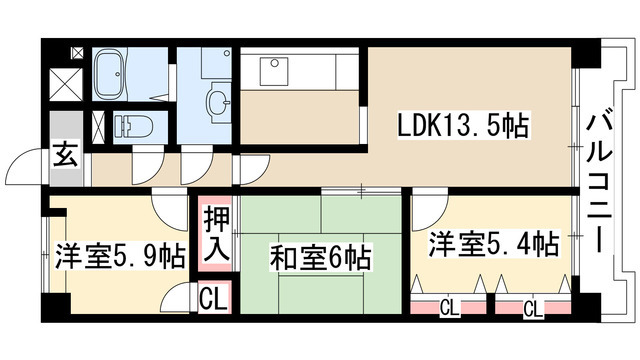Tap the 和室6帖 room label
(x=320, y=258)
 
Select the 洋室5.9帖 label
(x=120, y=255)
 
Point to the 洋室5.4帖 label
(x=494, y=243)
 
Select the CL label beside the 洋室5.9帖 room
(x=213, y=297)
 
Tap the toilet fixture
(x=132, y=126)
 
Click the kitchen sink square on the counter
(x=273, y=71)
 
